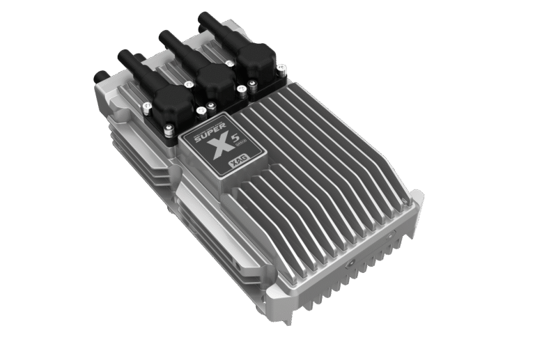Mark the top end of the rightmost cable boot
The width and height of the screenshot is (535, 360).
(x=205, y=15)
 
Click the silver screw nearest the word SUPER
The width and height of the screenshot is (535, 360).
(x=201, y=111)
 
